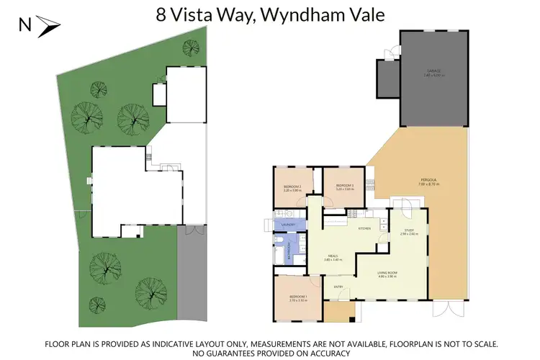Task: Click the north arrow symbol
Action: [x=50, y=27]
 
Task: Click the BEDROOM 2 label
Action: [x=292, y=187]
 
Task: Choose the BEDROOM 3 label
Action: [x=345, y=186]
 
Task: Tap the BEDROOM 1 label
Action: [x=297, y=297]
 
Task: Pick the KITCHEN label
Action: [x=364, y=228]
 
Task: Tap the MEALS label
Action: [x=333, y=256]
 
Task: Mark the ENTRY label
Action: [x=338, y=287]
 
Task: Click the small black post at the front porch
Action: [x=351, y=318]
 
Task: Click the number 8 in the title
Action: [x=161, y=14]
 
